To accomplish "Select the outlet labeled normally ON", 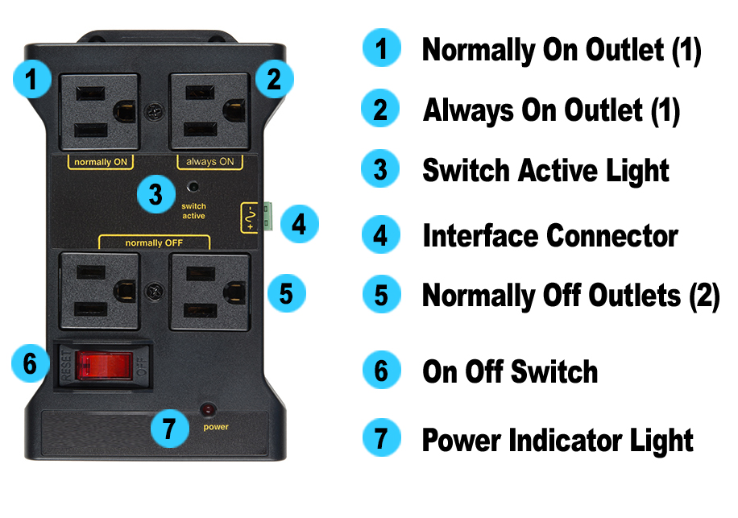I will tap(99, 112).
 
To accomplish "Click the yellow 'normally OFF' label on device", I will tap(154, 242).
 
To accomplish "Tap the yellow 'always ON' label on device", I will tap(209, 162).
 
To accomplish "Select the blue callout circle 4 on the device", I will tap(298, 223).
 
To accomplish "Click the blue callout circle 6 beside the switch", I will tap(30, 364).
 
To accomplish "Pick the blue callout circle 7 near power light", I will tap(169, 429).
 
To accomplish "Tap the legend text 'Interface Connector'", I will tap(549, 236).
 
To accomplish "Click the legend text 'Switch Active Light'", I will tap(545, 171).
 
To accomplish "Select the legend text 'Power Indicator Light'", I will tap(558, 441).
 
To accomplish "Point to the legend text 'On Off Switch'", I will tap(509, 371).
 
